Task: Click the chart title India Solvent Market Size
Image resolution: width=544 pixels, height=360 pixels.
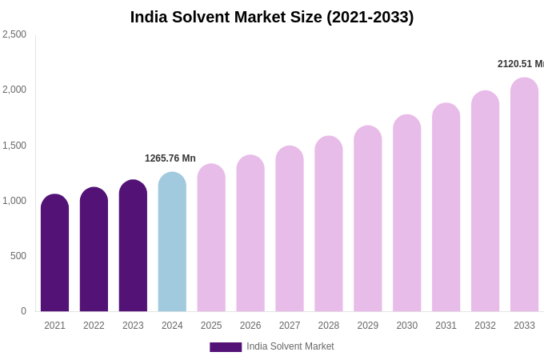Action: (x=272, y=17)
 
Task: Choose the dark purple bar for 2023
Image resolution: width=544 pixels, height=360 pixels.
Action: (x=133, y=246)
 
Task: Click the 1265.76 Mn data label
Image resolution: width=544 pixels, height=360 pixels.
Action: (x=170, y=158)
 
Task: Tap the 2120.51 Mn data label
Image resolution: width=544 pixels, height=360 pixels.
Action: (x=520, y=64)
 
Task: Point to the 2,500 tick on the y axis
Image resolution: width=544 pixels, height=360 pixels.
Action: (x=14, y=34)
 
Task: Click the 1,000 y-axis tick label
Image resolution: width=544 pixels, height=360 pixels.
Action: (x=14, y=201)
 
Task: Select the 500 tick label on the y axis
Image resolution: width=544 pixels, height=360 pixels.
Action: (x=18, y=256)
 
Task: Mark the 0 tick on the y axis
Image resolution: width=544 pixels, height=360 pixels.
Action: (x=23, y=311)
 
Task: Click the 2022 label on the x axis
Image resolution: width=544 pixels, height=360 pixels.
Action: (x=94, y=326)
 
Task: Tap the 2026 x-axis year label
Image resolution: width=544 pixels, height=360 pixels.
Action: (x=250, y=326)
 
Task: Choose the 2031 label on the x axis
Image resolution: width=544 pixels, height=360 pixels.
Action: (x=446, y=326)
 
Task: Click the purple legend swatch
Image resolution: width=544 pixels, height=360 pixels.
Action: (x=226, y=347)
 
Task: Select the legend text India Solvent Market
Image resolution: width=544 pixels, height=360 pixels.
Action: (x=290, y=346)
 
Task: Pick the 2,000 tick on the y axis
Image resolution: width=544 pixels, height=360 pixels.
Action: (x=14, y=90)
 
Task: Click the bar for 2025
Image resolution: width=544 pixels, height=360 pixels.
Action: (x=211, y=238)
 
